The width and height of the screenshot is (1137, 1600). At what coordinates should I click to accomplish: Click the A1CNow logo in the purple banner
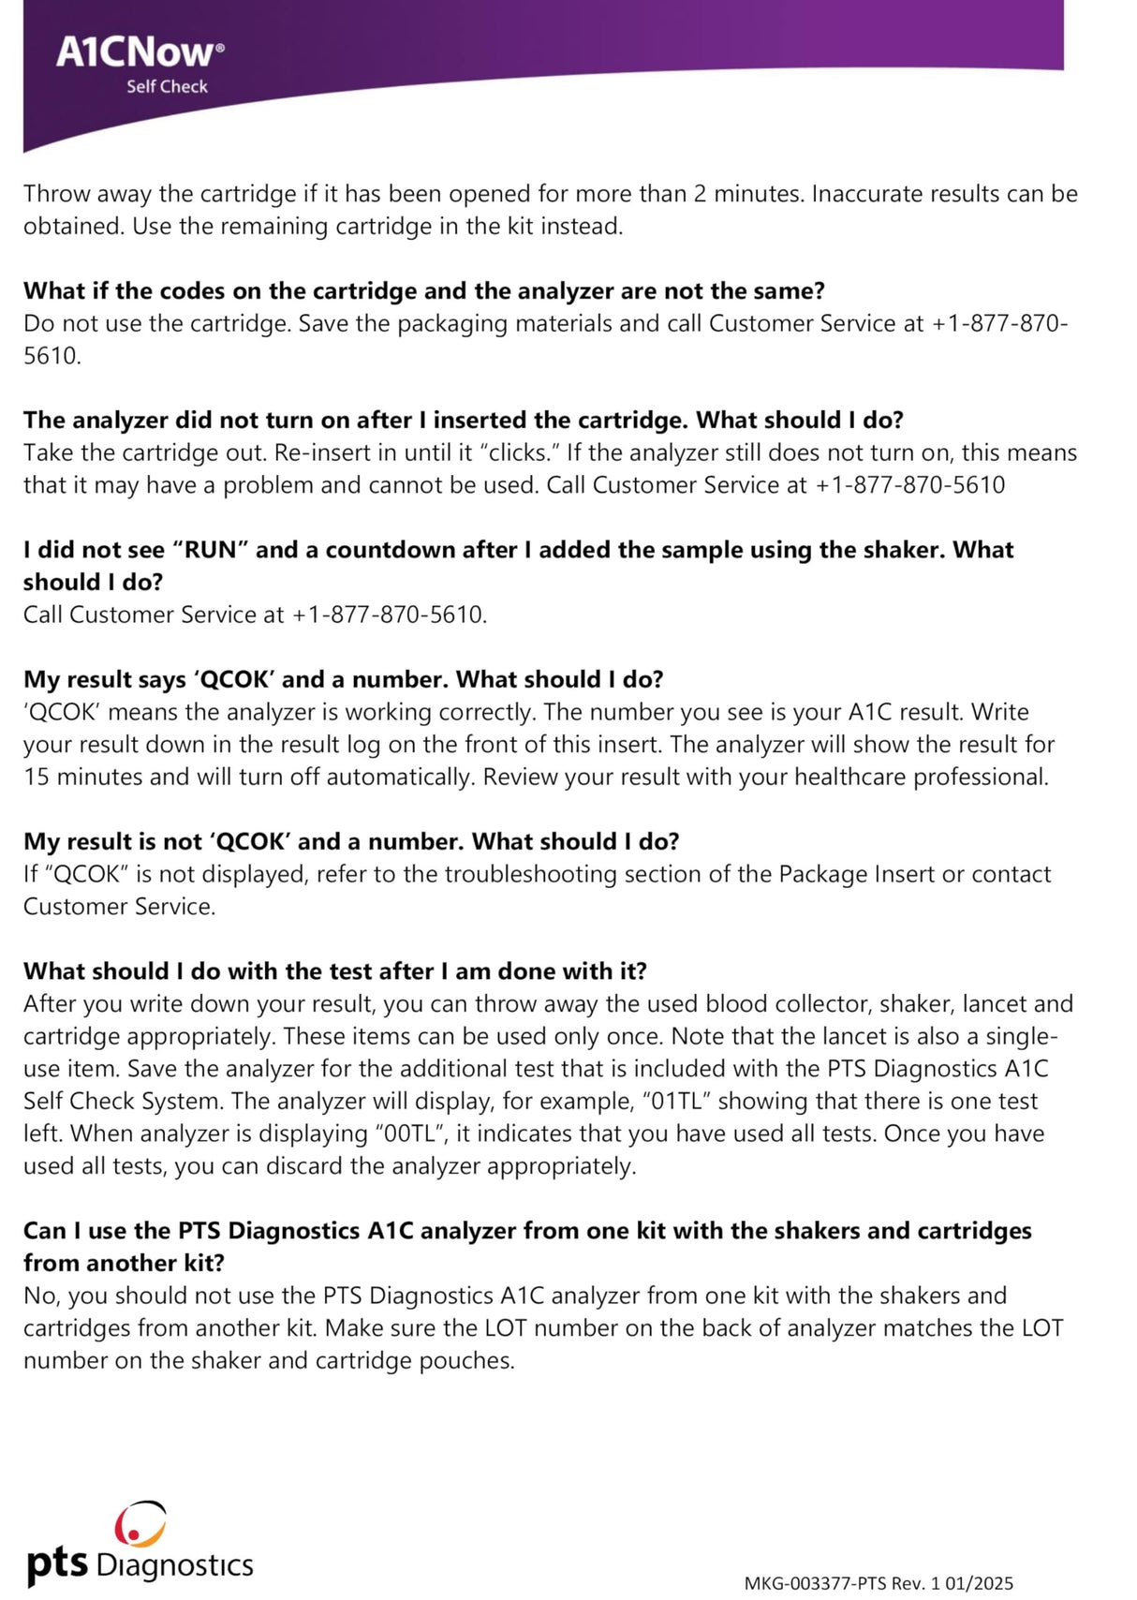(140, 52)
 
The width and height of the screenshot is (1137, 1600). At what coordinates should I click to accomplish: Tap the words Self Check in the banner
(167, 86)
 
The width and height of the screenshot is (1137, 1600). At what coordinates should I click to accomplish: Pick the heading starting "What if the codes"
(423, 290)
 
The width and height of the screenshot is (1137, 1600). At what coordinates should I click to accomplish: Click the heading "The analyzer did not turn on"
(463, 420)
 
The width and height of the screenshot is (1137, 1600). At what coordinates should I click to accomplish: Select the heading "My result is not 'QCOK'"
(350, 841)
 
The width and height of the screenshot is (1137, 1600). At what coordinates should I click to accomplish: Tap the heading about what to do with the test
(334, 971)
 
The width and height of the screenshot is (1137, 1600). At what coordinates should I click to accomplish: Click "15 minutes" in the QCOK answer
(78, 777)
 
